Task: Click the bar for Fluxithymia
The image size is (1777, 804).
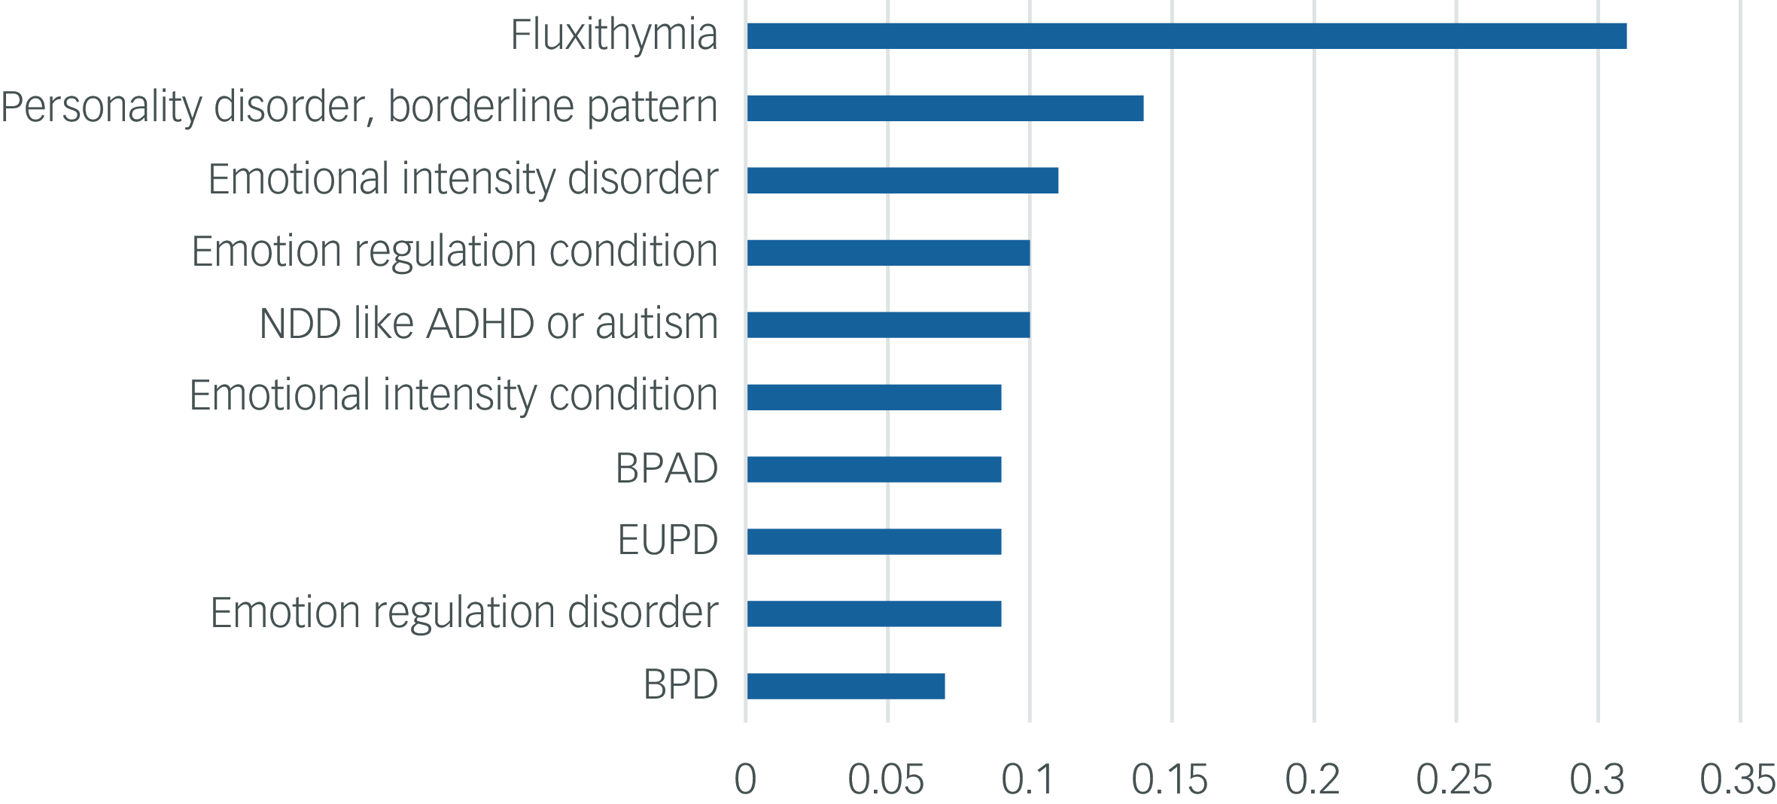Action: click(x=1186, y=36)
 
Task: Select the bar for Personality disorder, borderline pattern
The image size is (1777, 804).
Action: click(x=945, y=108)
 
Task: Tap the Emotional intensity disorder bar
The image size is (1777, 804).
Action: click(x=902, y=181)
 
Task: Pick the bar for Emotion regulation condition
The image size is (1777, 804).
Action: click(x=888, y=253)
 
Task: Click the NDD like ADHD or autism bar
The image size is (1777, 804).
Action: click(x=888, y=325)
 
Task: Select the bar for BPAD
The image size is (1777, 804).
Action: click(x=873, y=470)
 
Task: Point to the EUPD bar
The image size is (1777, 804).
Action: click(x=873, y=542)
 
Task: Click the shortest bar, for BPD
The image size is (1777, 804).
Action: click(x=845, y=687)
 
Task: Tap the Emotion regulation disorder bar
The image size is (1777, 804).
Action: click(x=873, y=614)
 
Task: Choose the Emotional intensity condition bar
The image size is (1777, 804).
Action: click(x=873, y=397)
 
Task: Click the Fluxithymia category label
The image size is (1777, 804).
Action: click(x=613, y=35)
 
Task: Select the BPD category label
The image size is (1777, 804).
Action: click(x=680, y=685)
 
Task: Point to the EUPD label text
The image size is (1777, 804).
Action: click(x=668, y=541)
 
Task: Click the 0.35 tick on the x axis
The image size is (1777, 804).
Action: click(x=1737, y=780)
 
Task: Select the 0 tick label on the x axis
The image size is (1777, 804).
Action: click(x=745, y=780)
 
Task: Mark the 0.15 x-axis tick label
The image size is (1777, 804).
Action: click(x=1170, y=780)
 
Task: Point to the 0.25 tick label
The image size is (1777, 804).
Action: click(x=1454, y=780)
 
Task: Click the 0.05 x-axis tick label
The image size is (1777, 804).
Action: click(x=886, y=780)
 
